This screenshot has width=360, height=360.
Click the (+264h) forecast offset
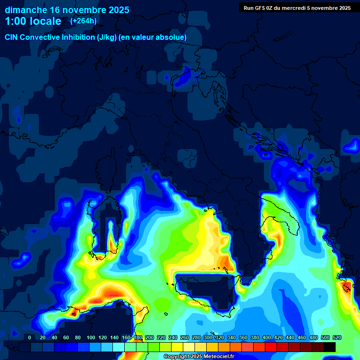click(x=83, y=21)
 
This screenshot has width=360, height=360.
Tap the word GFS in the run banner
click(x=260, y=7)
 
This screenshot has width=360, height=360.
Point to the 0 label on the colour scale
click(x=30, y=337)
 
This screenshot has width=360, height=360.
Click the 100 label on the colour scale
click(x=90, y=337)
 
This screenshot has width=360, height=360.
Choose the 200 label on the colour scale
click(x=150, y=337)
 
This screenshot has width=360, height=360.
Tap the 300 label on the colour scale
click(x=208, y=337)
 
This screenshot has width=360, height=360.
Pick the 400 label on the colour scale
click(x=267, y=337)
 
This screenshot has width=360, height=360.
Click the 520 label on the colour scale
click(x=337, y=337)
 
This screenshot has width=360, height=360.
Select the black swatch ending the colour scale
click(x=330, y=347)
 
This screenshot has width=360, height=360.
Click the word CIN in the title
click(x=12, y=37)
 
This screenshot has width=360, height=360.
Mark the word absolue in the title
click(x=172, y=37)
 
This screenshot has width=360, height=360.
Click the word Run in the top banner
click(x=249, y=7)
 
